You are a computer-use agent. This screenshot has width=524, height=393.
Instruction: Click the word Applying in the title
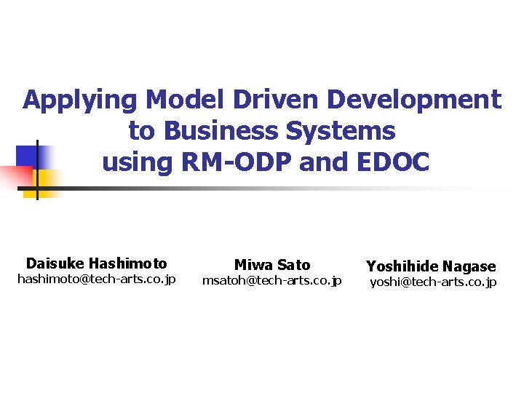81,100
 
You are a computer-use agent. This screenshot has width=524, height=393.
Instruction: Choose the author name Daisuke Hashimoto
96,263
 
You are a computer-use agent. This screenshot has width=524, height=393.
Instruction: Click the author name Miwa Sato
272,265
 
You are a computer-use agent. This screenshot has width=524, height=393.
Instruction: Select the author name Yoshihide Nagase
431,266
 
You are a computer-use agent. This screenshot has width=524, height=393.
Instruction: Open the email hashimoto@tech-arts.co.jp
96,279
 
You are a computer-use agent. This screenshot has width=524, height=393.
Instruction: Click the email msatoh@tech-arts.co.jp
271,281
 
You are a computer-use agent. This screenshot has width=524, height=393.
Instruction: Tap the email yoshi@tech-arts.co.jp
433,282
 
